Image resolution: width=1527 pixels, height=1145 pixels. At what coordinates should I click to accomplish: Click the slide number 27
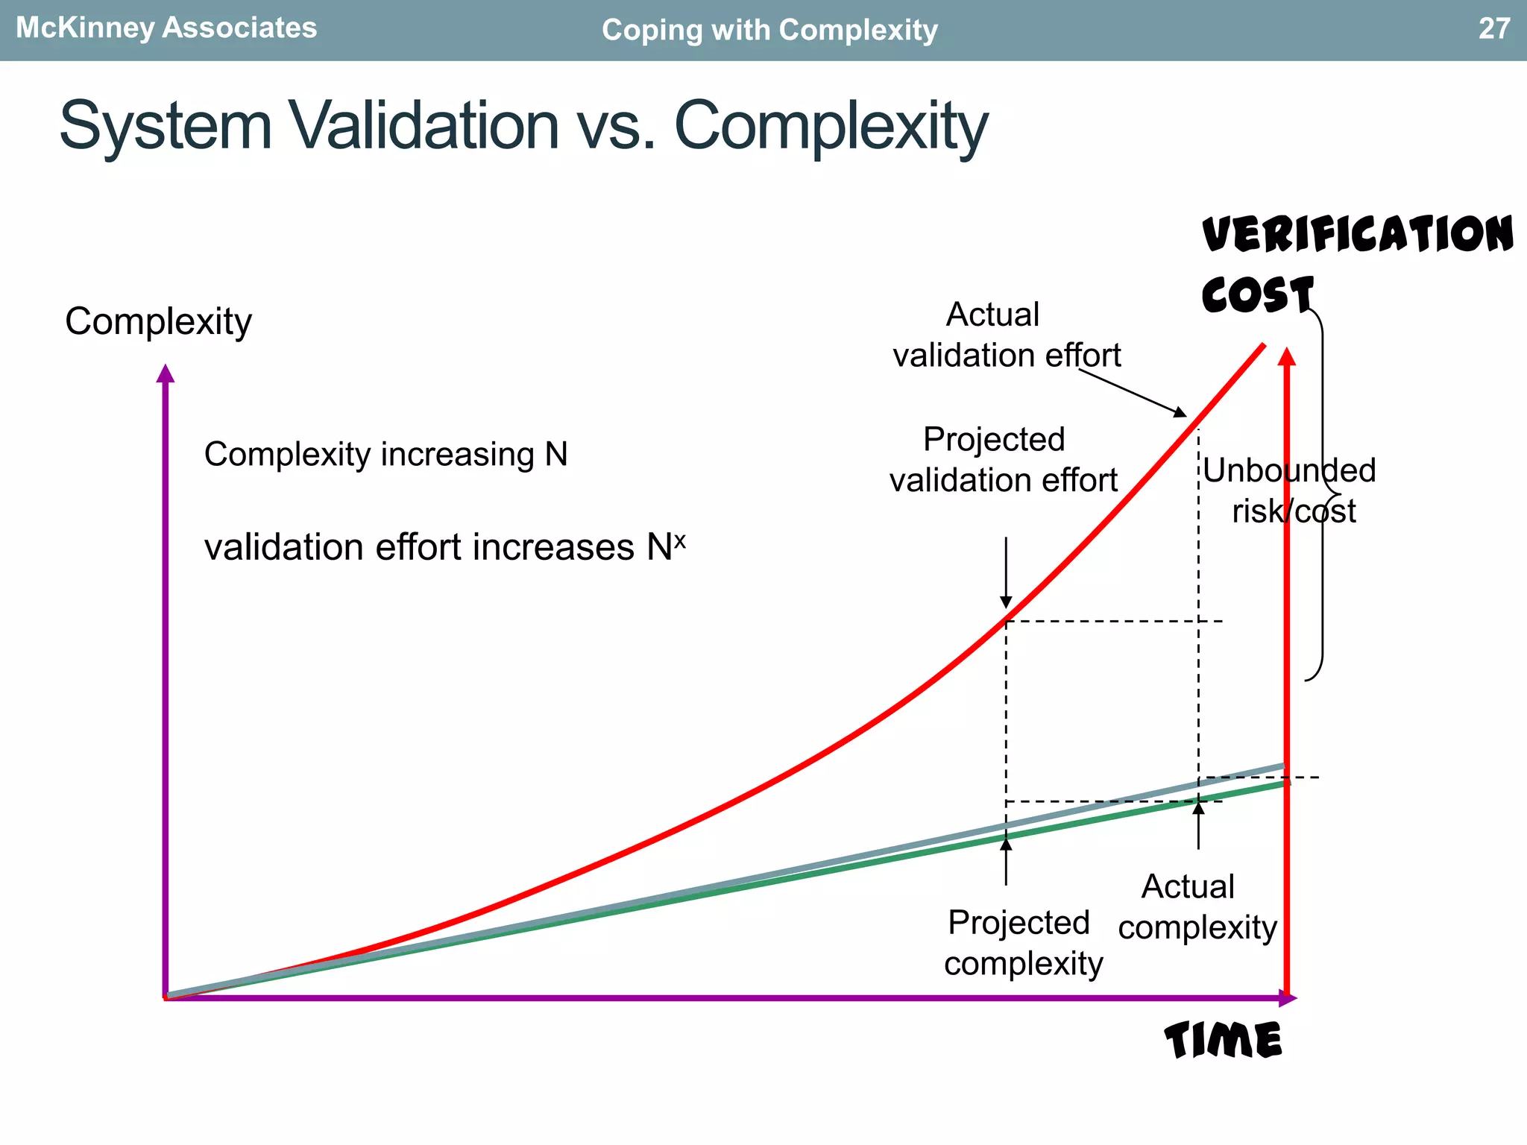coord(1494,28)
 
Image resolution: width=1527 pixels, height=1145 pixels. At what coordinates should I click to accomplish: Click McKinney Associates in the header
coord(166,28)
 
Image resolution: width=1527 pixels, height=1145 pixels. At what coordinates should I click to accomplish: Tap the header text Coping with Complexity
coord(769,30)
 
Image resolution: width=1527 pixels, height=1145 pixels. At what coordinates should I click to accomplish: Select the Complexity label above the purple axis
coord(158,321)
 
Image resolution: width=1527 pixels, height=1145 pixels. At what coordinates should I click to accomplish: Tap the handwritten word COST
coord(1257,294)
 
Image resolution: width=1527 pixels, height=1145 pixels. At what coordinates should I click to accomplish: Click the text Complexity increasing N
coord(385,454)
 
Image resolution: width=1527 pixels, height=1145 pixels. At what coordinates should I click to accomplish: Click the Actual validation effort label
coord(1006,335)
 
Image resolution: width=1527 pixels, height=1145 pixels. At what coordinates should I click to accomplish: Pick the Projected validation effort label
coord(1002,459)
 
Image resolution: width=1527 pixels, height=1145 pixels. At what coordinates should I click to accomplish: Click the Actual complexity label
coord(1197,906)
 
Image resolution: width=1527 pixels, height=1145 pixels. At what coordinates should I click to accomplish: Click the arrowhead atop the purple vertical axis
coord(166,373)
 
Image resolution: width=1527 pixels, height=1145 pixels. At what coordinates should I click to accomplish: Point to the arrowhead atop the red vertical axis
coord(1287,356)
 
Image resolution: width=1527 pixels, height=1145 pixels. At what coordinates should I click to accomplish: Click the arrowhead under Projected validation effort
coord(1006,602)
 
